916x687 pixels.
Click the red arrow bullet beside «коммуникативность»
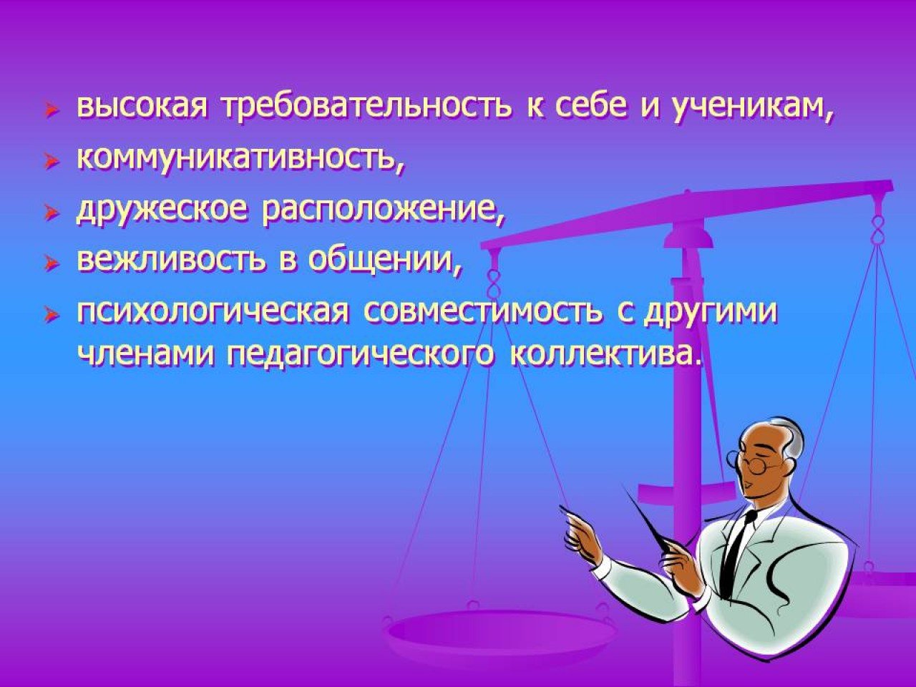pyautogui.click(x=52, y=163)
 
